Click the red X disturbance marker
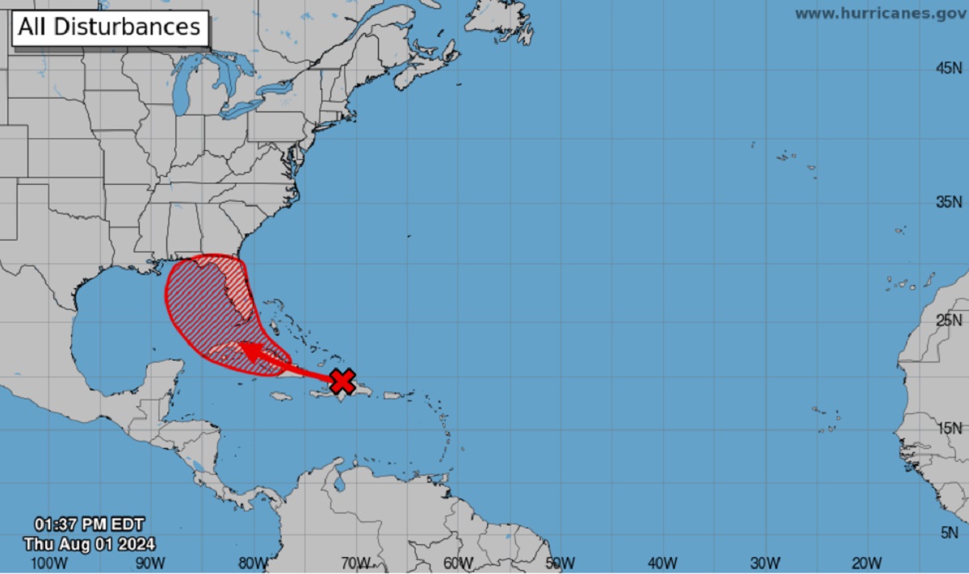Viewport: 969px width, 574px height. click(343, 380)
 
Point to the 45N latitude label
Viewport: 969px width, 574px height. click(948, 69)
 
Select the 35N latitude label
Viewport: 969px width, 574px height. click(948, 202)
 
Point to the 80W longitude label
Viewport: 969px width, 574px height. click(253, 562)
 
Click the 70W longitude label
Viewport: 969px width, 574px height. click(355, 562)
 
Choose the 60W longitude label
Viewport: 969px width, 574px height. click(458, 562)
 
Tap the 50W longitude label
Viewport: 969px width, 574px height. click(560, 562)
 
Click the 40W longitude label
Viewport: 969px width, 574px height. click(662, 562)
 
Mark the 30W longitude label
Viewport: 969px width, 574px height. click(765, 562)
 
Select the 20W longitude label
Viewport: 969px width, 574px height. click(866, 562)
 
